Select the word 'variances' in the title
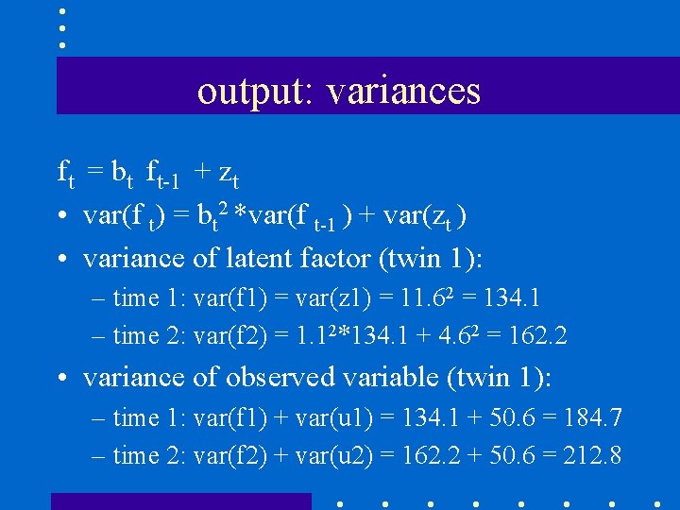(404, 92)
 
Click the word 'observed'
(284, 377)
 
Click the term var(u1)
(335, 417)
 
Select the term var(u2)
(335, 455)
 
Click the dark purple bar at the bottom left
(180, 501)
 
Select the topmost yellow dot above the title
(61, 11)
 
